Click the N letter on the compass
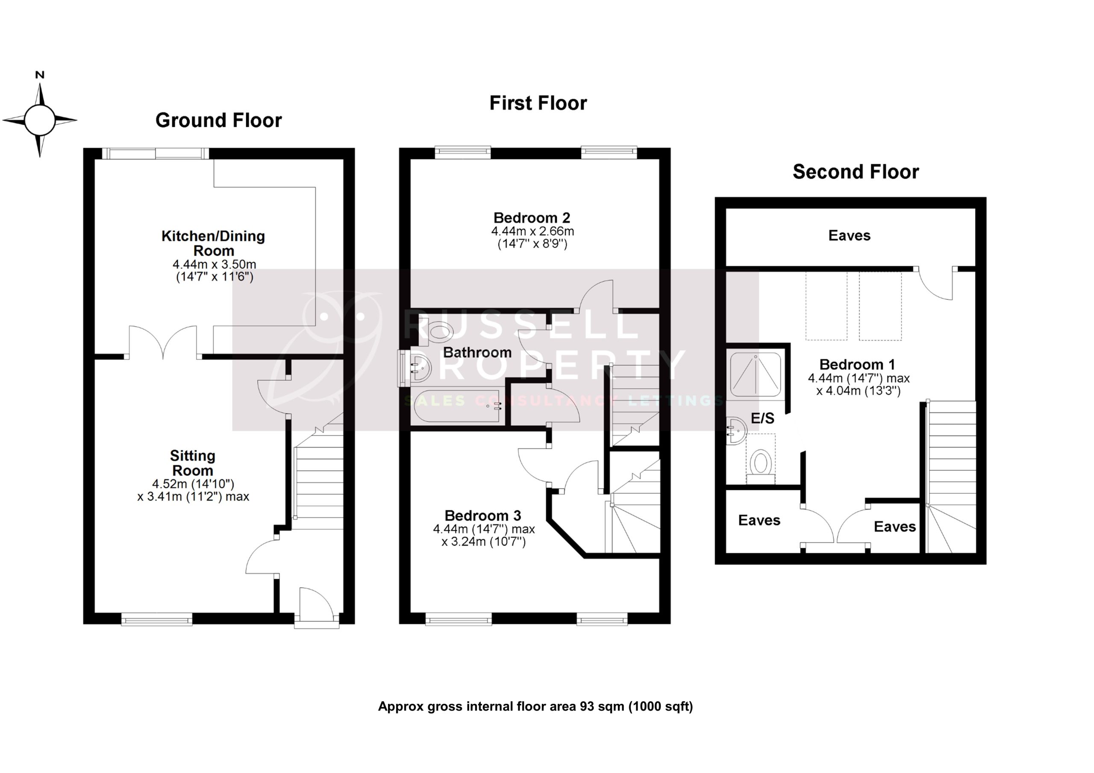40,75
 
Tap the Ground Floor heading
218,120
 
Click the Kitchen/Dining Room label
213,243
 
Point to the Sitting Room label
192,463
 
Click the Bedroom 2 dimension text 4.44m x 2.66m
532,231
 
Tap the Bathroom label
477,352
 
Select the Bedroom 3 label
482,515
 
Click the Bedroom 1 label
857,364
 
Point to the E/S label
762,418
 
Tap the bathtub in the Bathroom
456,406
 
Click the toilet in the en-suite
761,463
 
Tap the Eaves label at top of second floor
849,235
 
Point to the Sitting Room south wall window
157,620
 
